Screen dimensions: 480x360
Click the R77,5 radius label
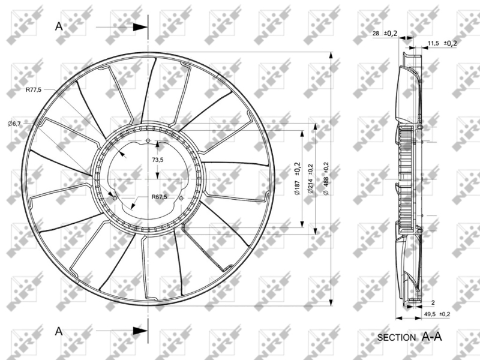pyautogui.click(x=34, y=89)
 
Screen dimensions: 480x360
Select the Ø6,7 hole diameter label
pyautogui.click(x=14, y=124)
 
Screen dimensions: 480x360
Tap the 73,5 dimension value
pyautogui.click(x=158, y=160)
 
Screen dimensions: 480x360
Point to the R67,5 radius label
pyautogui.click(x=159, y=197)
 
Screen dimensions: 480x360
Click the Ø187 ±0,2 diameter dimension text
pyautogui.click(x=297, y=179)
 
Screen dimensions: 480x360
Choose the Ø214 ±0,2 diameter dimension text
pyautogui.click(x=311, y=179)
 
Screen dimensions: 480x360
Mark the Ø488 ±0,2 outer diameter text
pyautogui.click(x=326, y=179)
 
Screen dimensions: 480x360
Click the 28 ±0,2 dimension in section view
pyautogui.click(x=385, y=34)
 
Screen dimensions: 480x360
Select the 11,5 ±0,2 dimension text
pyautogui.click(x=442, y=43)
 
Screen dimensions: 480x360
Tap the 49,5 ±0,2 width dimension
pyautogui.click(x=437, y=314)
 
